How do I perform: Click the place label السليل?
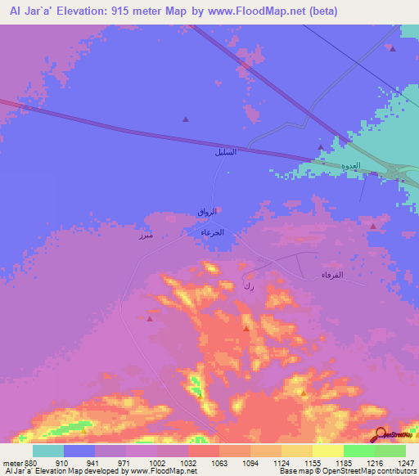[x=225, y=152]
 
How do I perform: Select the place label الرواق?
[x=208, y=213]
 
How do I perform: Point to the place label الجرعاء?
[x=213, y=232]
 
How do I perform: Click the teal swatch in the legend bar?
[x=48, y=451]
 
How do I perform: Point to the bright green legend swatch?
[x=359, y=451]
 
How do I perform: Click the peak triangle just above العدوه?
[x=321, y=147]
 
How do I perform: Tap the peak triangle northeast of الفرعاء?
[x=373, y=225]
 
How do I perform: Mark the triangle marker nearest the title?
[x=393, y=49]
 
